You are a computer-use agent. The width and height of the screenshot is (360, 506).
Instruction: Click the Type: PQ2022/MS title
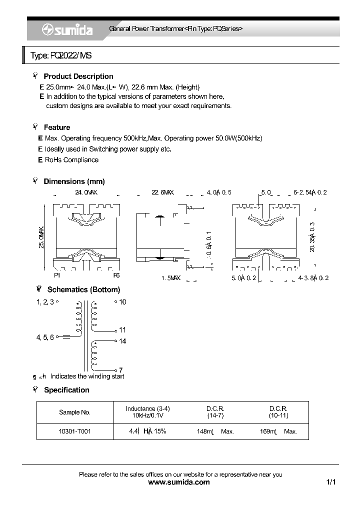tap(61, 56)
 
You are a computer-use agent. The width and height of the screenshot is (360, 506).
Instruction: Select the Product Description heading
tap(78, 76)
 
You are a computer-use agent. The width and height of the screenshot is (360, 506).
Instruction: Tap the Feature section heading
tap(56, 127)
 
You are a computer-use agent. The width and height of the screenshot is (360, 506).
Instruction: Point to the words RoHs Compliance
tap(71, 160)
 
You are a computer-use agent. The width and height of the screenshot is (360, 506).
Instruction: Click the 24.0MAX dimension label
tap(85, 192)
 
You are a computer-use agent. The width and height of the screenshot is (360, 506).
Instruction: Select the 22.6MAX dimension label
tap(162, 192)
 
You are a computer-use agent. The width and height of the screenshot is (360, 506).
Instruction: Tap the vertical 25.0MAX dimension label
tap(42, 237)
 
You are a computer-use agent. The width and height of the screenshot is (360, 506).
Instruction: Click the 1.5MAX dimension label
tap(170, 277)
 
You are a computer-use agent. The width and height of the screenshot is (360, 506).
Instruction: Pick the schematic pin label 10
tap(122, 302)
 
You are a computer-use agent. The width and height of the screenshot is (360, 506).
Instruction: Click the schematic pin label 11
tap(122, 330)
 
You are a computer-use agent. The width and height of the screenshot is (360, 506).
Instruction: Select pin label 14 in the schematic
tap(122, 341)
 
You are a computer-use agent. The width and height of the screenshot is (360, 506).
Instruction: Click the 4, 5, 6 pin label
tap(44, 337)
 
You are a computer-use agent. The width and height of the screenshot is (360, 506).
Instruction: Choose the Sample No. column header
tap(74, 412)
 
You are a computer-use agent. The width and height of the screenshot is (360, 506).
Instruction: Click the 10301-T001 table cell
tap(75, 431)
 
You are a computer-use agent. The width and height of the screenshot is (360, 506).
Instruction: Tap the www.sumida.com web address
tap(179, 482)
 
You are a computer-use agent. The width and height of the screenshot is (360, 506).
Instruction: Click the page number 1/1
tap(331, 482)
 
